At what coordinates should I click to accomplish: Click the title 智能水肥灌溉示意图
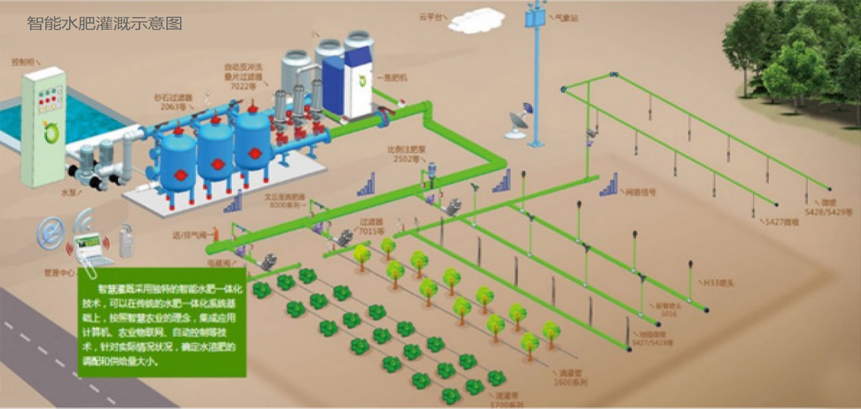click(x=104, y=24)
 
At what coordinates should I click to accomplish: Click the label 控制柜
click(x=22, y=62)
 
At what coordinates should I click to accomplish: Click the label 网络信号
click(x=640, y=192)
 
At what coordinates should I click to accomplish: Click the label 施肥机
click(x=397, y=77)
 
